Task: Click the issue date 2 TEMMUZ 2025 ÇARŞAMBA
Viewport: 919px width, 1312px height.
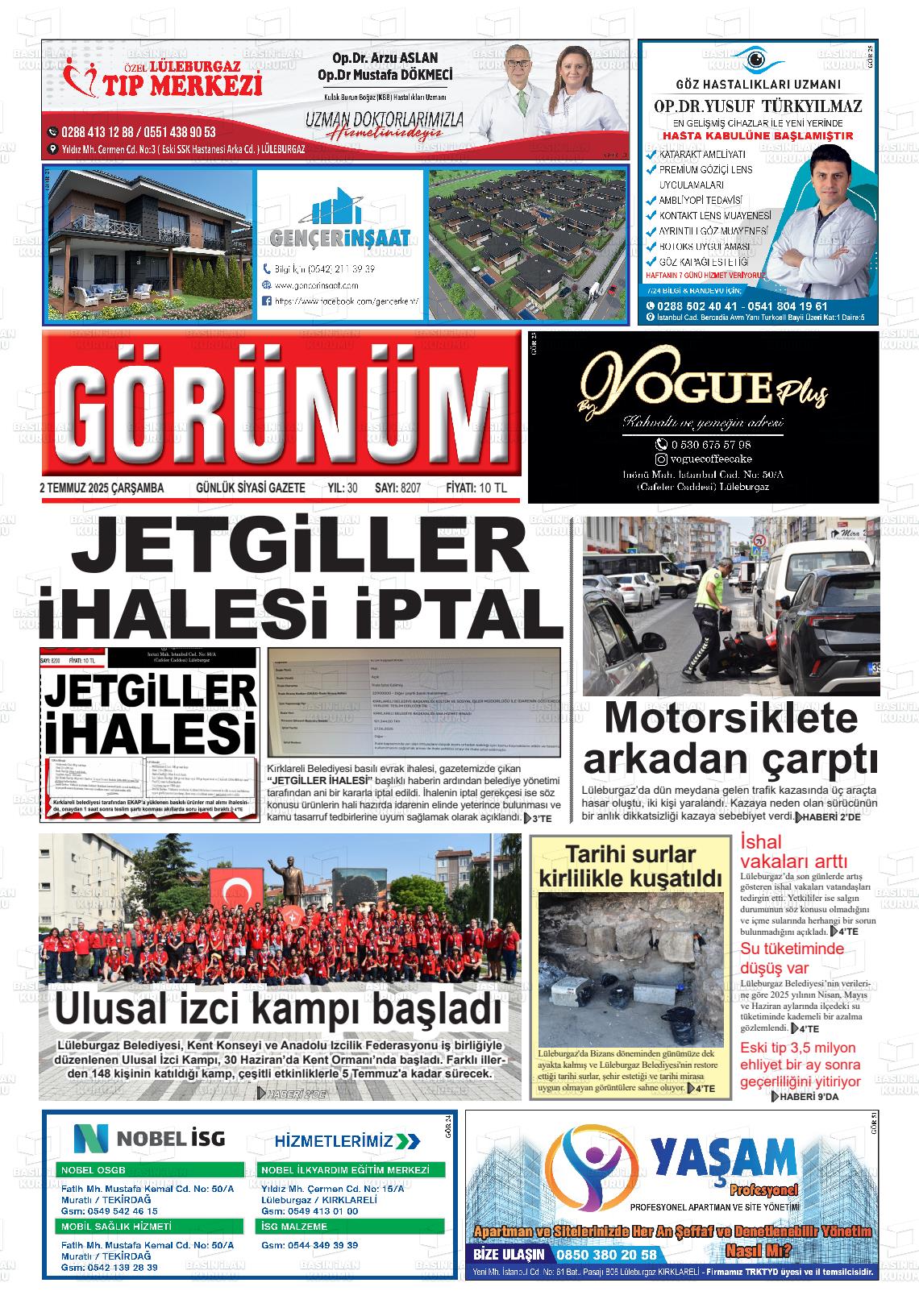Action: coord(102,488)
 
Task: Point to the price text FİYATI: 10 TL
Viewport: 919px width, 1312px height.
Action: coord(476,488)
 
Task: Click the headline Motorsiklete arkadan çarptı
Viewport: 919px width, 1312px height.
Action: coord(730,737)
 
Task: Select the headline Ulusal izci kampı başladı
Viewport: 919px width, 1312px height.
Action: coord(279,1007)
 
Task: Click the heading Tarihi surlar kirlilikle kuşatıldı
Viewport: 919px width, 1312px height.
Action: coord(630,866)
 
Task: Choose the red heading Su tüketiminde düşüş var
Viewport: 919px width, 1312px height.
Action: coord(792,957)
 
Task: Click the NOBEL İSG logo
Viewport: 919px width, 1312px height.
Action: coord(149,1138)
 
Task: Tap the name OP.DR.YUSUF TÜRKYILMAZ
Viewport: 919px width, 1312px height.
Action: coord(757,106)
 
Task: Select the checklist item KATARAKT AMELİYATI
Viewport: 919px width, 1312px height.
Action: coord(701,154)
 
